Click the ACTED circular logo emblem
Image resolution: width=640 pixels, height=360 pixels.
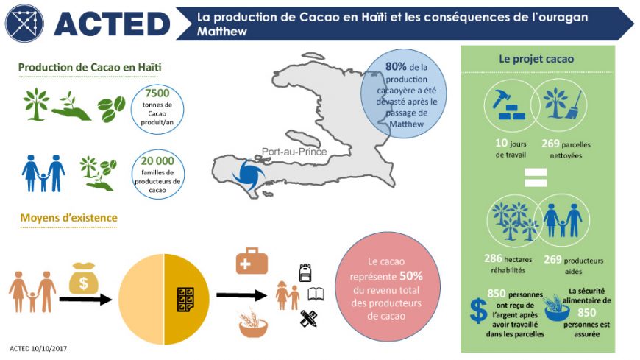click(24, 24)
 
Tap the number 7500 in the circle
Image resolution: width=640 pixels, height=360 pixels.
click(157, 93)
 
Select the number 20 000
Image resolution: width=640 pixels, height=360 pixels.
click(157, 161)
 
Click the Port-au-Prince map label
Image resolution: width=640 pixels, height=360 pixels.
click(294, 152)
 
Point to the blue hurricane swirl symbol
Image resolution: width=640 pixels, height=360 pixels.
click(248, 176)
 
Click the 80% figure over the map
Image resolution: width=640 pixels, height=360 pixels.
click(396, 66)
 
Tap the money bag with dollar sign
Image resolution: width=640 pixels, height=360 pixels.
click(84, 279)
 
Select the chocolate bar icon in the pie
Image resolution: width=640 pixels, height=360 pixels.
click(185, 300)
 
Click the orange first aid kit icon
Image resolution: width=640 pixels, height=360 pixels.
click(252, 261)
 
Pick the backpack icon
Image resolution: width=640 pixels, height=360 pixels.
click(305, 272)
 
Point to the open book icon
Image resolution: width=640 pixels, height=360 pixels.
click(316, 294)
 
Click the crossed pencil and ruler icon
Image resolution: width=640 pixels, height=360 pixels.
click(308, 319)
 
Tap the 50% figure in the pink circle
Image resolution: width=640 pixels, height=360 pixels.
click(411, 276)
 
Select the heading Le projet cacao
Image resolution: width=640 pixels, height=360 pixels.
click(536, 59)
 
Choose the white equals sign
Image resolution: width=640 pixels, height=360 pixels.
click(536, 177)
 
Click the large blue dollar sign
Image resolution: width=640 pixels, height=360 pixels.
click(478, 311)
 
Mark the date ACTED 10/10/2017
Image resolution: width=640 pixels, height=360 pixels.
click(38, 348)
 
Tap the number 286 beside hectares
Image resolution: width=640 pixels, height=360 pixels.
click(493, 258)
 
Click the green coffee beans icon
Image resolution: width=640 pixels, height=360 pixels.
click(111, 108)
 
